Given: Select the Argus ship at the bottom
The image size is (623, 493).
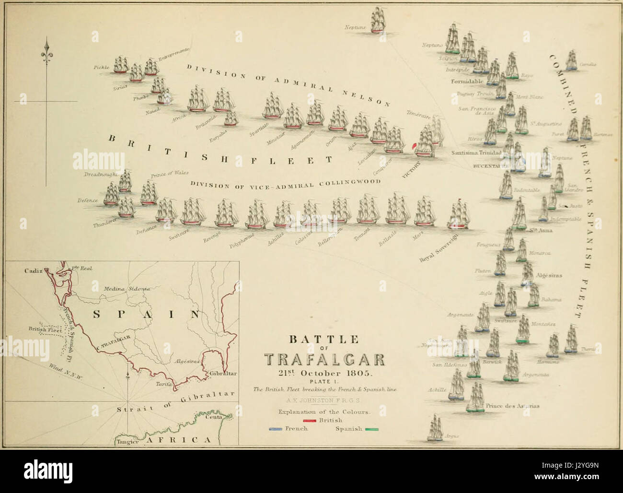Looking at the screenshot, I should (435, 428).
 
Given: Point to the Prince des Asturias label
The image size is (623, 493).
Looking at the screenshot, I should (512, 406).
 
